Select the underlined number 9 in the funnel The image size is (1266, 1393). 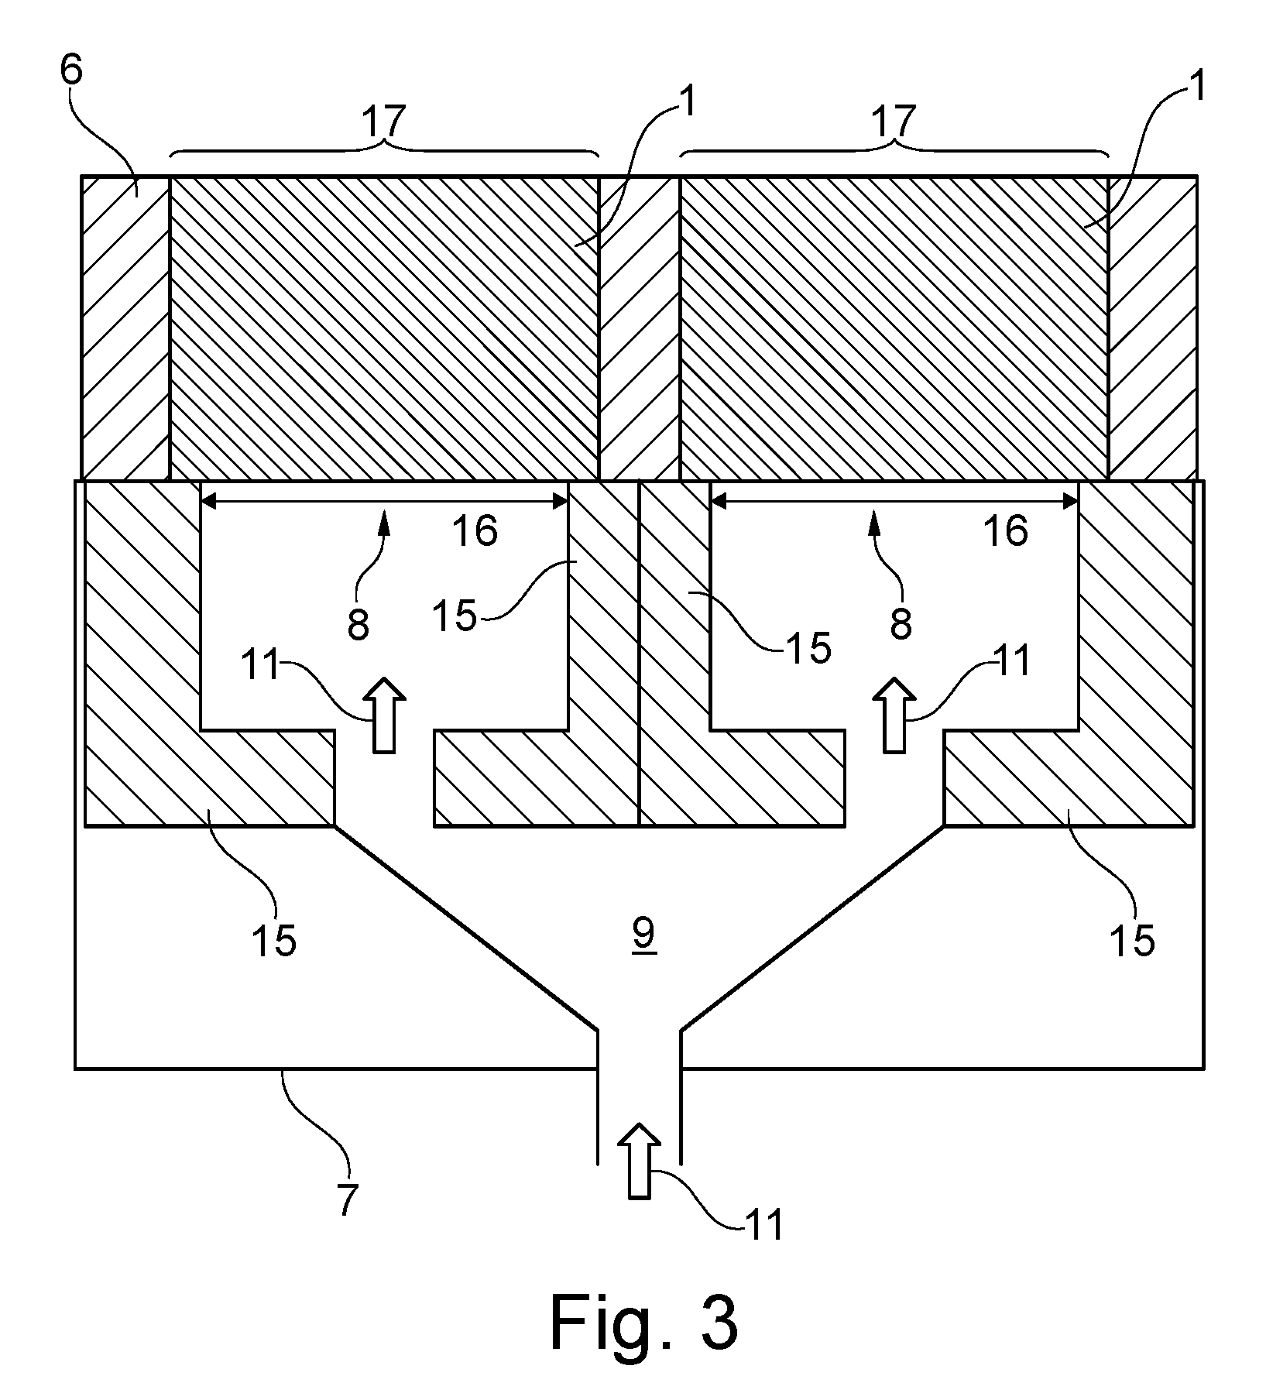click(644, 935)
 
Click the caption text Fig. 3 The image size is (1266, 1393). click(644, 1323)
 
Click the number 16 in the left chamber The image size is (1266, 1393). click(475, 531)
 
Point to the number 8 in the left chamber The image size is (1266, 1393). click(358, 624)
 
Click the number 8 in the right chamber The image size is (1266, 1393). click(901, 624)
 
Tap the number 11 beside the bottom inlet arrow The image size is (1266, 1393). click(763, 1225)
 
